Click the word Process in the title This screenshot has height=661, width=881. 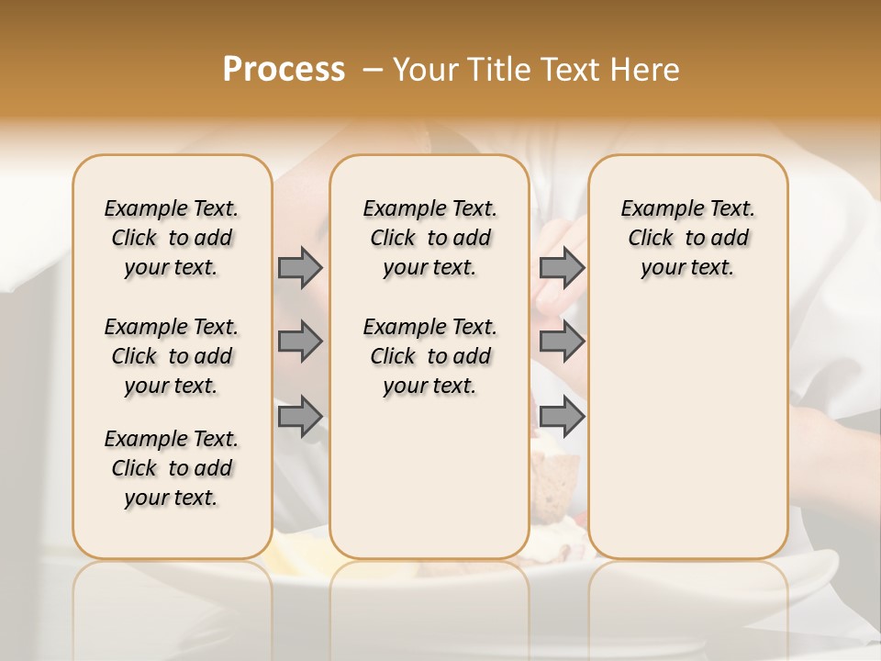click(284, 70)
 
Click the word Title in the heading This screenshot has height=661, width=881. click(495, 70)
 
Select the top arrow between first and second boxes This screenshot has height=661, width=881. click(300, 268)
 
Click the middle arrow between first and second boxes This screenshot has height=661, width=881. click(300, 342)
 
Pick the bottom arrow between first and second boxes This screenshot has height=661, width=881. click(300, 417)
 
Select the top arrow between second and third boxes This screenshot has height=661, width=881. click(562, 268)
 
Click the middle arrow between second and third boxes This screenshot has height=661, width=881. click(562, 342)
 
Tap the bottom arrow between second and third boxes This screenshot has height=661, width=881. click(562, 417)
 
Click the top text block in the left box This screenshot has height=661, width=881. click(172, 238)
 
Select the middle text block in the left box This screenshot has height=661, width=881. click(172, 356)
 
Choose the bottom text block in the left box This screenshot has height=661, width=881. click(172, 468)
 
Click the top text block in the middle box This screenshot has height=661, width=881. click(430, 238)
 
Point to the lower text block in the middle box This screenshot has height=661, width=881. click(430, 356)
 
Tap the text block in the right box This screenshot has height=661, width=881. click(688, 238)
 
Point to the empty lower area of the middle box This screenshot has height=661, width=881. click(430, 477)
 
